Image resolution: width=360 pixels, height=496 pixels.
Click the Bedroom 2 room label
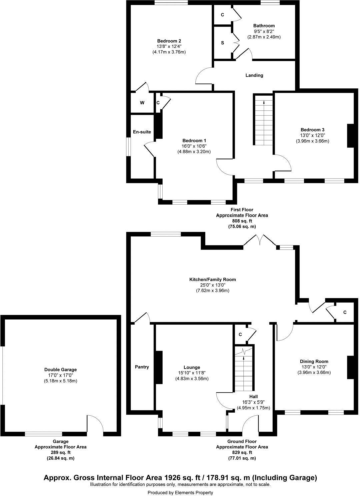(169, 41)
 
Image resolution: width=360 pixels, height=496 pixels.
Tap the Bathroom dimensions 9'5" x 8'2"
(264, 31)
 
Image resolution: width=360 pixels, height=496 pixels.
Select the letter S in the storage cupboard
(222, 43)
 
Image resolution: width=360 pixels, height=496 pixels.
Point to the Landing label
(254, 75)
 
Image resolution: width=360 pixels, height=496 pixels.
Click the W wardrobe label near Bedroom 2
(142, 103)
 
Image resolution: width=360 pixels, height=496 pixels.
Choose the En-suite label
(142, 132)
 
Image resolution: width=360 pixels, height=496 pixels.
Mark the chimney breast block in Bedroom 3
(350, 136)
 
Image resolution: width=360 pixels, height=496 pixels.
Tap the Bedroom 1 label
(194, 140)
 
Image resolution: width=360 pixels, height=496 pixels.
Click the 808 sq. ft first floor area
(242, 221)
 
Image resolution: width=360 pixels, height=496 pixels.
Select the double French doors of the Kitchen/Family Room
(259, 241)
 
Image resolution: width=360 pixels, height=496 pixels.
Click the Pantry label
(142, 367)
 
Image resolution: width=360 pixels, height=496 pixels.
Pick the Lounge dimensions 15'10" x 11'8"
(192, 373)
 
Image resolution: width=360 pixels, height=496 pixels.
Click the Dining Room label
(314, 361)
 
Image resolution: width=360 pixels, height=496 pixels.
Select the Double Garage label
(60, 369)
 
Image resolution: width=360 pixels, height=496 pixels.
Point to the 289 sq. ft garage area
(60, 453)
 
